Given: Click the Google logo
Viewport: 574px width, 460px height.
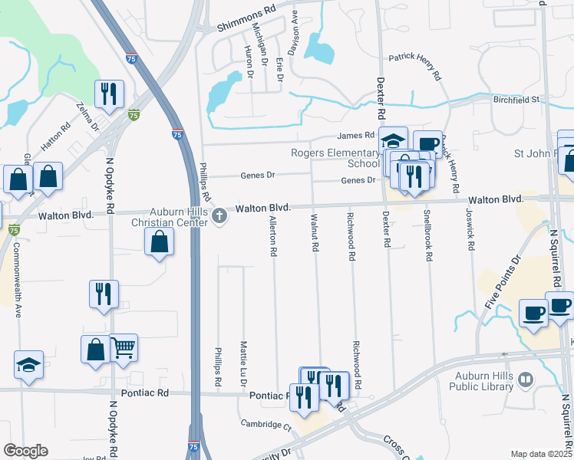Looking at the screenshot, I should [25, 451].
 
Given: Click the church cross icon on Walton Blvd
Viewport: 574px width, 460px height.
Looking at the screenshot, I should [220, 215].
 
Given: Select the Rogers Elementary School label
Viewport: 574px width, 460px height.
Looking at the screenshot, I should [335, 158].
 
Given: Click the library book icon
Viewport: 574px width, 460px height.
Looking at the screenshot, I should [526, 379].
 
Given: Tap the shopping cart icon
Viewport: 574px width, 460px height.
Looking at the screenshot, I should [124, 349].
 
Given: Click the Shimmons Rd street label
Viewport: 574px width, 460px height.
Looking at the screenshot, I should [246, 25].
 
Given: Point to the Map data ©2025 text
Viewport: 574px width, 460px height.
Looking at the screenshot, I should [542, 454].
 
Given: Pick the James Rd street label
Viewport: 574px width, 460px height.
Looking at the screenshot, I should [355, 136].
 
